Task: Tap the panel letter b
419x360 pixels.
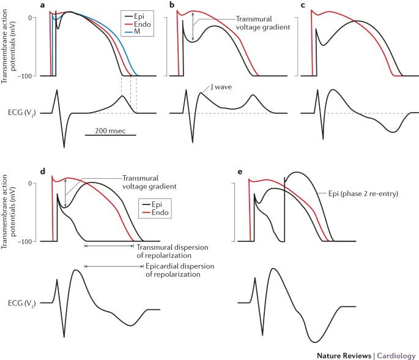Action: [172, 6]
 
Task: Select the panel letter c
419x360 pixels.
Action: [303, 6]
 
